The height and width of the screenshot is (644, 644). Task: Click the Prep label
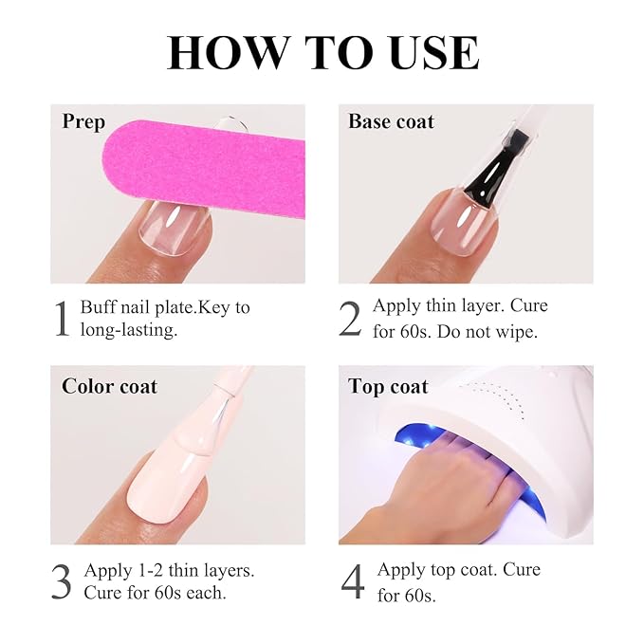click(83, 121)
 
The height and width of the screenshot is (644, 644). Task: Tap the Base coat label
click(391, 121)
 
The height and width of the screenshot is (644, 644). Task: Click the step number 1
click(62, 319)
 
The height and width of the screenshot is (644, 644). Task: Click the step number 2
click(350, 319)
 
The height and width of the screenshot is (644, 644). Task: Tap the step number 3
click(62, 582)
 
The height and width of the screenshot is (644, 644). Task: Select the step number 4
click(352, 582)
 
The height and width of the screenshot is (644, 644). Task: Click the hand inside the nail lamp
click(446, 484)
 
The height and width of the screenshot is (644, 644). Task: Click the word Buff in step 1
click(99, 308)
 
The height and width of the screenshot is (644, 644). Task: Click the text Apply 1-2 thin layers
click(169, 571)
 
